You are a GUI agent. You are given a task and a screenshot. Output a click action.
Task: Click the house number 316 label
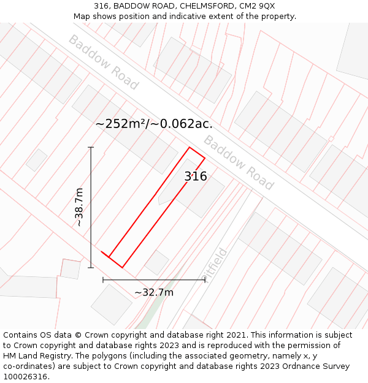click(x=196, y=176)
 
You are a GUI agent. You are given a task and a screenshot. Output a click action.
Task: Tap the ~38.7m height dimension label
click(x=79, y=207)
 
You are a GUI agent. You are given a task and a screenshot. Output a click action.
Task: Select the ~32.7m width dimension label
click(x=154, y=292)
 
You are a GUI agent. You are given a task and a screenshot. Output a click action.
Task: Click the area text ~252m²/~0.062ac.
click(x=154, y=123)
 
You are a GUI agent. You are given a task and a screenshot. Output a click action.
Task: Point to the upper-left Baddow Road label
click(x=103, y=62)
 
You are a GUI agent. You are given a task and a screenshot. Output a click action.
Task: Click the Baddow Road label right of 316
click(x=238, y=162)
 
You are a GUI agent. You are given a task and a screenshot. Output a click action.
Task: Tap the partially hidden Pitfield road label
click(x=216, y=264)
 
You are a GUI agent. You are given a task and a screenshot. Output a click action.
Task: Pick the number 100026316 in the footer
click(x=26, y=377)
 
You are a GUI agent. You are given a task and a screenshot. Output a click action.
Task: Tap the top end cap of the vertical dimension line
click(x=91, y=147)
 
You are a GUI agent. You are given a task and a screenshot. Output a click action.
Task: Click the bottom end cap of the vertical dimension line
click(x=91, y=267)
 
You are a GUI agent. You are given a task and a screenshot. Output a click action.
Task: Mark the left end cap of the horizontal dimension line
click(x=103, y=280)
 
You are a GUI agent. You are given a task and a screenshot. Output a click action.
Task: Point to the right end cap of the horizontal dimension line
click(x=205, y=280)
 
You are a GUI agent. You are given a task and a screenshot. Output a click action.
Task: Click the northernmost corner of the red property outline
click(x=190, y=148)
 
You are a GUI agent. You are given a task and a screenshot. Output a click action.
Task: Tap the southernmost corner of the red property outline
click(x=122, y=267)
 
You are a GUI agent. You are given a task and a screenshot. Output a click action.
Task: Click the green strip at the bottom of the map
click(x=145, y=321)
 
